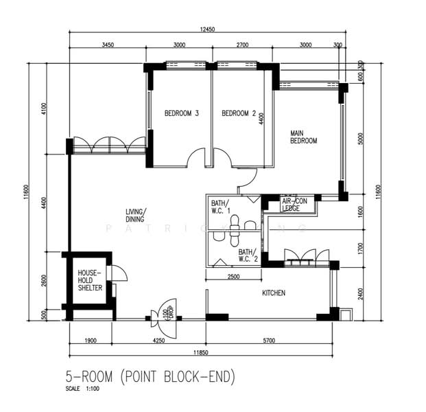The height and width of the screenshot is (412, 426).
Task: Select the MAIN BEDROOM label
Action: (303, 137)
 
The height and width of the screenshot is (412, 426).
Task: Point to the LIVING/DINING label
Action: (136, 215)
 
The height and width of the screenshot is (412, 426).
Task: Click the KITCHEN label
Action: (274, 293)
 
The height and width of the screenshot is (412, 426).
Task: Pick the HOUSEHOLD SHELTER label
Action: (90, 280)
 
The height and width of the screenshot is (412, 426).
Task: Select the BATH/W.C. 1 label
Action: (220, 207)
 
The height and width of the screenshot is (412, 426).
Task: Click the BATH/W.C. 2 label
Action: (248, 255)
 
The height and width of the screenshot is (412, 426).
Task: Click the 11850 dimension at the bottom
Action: (200, 352)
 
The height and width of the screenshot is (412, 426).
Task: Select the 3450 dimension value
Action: (107, 45)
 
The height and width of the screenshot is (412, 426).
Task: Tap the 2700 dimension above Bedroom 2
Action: (242, 45)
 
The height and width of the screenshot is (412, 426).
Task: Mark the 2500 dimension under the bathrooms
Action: (233, 277)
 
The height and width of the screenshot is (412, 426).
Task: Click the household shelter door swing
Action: (119, 273)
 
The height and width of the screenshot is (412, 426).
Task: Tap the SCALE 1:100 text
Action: (83, 389)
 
